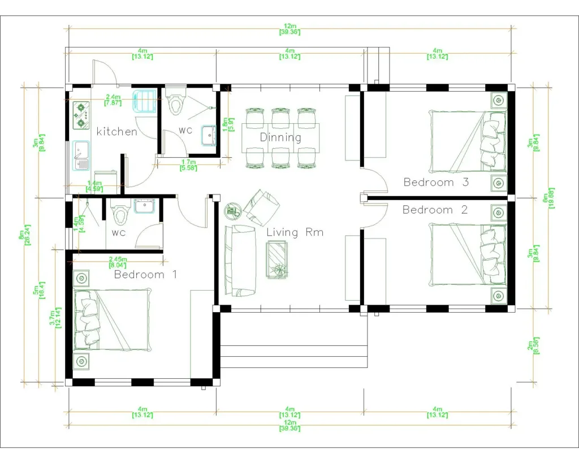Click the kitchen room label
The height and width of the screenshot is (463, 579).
pos(116,132)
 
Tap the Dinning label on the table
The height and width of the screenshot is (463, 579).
pos(280,137)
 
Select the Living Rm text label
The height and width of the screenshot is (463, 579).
pos(295,232)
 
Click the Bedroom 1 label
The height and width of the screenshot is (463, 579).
pos(145,275)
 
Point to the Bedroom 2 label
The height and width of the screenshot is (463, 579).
pos(435,210)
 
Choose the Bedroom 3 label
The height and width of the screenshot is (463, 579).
pos(436,182)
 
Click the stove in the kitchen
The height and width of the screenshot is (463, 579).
pos(81,114)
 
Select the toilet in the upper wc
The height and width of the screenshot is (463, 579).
pos(176,101)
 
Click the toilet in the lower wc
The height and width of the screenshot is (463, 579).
pos(120,213)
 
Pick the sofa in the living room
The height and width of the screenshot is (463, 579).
pos(239,260)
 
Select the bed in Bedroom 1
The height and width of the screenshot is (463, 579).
pos(113,319)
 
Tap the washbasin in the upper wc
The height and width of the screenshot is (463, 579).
pos(210,133)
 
